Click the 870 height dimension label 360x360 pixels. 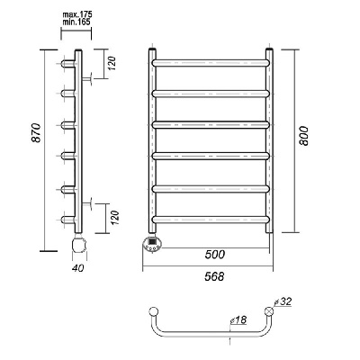[36, 132]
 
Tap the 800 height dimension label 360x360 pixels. [303, 136]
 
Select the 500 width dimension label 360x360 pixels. [215, 255]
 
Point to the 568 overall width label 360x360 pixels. [214, 276]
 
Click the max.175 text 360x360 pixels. [77, 14]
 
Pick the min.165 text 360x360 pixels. [76, 22]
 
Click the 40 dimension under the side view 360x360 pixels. [78, 267]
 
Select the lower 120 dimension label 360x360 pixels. [115, 218]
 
